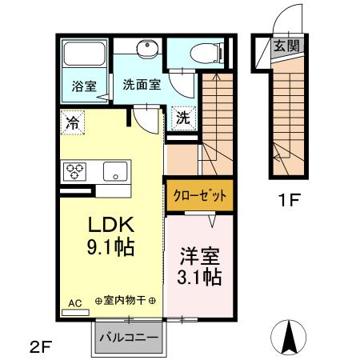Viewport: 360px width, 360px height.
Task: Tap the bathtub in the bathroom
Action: [x=85, y=55]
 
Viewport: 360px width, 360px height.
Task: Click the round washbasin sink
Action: [x=146, y=51]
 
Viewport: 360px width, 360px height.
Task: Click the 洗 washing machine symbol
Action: [x=183, y=117]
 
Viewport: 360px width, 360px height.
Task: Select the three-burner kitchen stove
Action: [x=77, y=170]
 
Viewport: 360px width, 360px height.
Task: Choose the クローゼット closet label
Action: [x=198, y=194]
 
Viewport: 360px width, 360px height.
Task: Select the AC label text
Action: [x=74, y=302]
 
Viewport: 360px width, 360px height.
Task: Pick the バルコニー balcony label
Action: [x=128, y=337]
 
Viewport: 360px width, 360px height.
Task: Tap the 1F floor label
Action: [x=290, y=200]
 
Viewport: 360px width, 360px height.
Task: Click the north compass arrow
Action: [x=291, y=335]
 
